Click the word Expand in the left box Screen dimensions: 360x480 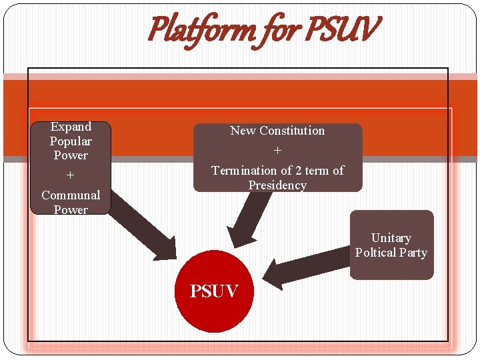pyautogui.click(x=71, y=127)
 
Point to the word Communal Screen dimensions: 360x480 pyautogui.click(x=71, y=195)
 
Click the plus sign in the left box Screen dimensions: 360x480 pyautogui.click(x=70, y=175)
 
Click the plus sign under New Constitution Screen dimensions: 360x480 pyautogui.click(x=277, y=151)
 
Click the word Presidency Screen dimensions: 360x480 pyautogui.click(x=277, y=185)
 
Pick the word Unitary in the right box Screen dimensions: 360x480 pyautogui.click(x=391, y=238)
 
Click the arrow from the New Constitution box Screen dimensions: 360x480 pyautogui.click(x=250, y=217)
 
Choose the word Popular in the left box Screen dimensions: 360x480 pyautogui.click(x=71, y=141)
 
